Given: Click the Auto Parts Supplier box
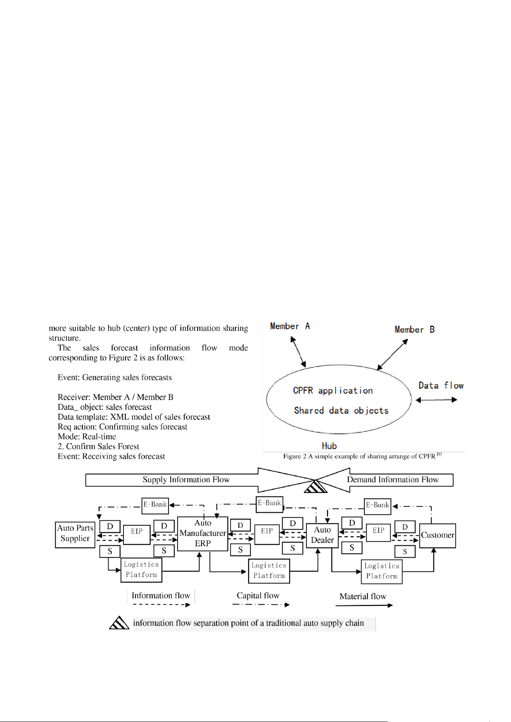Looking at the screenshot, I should [75, 534].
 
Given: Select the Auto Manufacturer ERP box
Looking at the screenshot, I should [202, 534].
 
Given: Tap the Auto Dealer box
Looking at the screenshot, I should [322, 535].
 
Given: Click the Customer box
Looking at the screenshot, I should [437, 535].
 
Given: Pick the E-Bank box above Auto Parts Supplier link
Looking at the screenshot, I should [155, 505].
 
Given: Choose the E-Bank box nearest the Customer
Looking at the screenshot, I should [377, 506].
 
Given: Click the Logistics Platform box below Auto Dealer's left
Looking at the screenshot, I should [269, 571].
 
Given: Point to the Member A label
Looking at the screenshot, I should [290, 326].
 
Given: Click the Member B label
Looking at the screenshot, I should [415, 330].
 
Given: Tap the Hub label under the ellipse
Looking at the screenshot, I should [329, 446].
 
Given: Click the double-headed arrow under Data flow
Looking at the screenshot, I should [436, 400].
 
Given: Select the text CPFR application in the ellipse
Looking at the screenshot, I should [333, 391].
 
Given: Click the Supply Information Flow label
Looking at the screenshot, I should [186, 480].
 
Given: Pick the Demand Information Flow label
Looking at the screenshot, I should [393, 480].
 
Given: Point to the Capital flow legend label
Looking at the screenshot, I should [258, 596].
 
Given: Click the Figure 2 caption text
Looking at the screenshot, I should [362, 456].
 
